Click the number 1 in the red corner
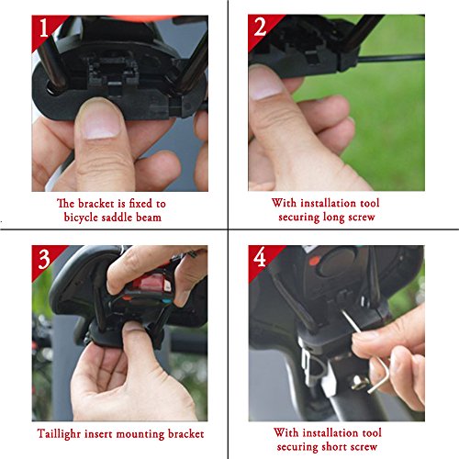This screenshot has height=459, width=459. [44, 28]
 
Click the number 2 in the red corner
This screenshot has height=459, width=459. [260, 27]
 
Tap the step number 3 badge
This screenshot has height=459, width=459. [44, 259]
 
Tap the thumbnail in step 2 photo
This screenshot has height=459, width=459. [265, 83]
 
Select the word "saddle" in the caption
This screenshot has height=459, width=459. [118, 218]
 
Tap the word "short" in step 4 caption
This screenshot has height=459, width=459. [334, 447]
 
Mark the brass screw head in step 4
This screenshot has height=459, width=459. [357, 382]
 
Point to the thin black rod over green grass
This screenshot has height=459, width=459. [391, 58]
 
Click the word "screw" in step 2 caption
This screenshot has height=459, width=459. [364, 218]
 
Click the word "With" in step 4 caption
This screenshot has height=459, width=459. [285, 432]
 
